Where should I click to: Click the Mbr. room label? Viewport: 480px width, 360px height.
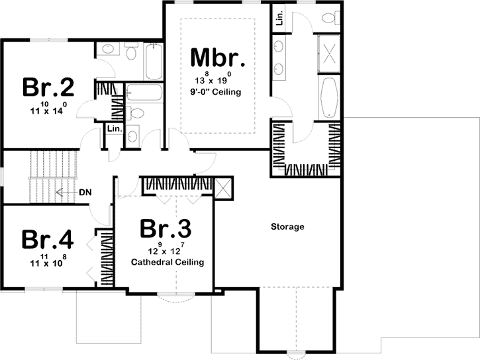(218, 58)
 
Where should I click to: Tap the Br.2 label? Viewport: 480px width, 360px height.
(48, 87)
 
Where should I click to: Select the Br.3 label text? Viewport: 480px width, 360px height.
(166, 229)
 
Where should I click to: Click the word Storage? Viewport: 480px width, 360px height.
(287, 227)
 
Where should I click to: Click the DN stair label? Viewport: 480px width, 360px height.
(85, 193)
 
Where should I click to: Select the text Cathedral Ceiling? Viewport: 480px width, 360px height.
(167, 262)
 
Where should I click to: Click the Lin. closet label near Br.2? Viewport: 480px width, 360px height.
(113, 128)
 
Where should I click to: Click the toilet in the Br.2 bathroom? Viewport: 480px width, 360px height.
(130, 53)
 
